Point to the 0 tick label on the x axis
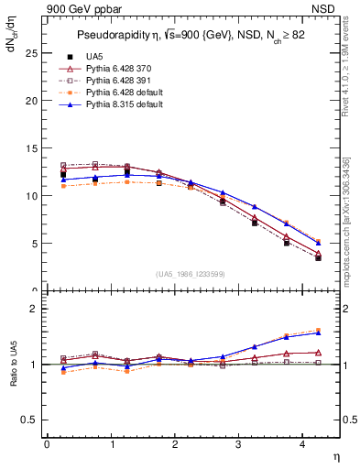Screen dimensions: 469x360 (47, 444)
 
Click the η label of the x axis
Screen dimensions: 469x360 (334, 455)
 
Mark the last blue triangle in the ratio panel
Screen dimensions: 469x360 (318, 333)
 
